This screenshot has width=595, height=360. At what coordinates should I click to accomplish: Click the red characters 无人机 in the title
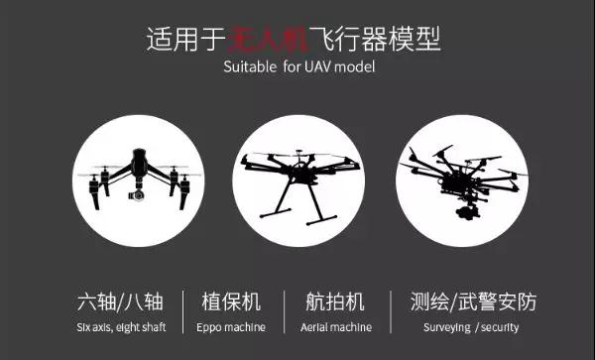click(x=268, y=39)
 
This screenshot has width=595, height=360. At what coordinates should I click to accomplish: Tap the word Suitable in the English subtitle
click(x=250, y=66)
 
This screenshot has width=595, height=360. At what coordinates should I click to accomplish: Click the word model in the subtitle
click(x=355, y=66)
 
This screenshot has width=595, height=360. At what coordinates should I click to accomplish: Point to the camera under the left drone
click(x=137, y=195)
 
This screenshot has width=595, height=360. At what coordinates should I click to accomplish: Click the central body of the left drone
click(x=139, y=165)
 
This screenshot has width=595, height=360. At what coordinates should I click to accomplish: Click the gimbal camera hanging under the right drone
click(x=466, y=211)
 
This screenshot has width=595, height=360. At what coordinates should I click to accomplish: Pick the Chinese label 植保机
click(x=231, y=301)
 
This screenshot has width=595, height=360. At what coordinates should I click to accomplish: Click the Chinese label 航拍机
click(x=335, y=301)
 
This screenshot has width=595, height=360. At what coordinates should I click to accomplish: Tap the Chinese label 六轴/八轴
click(x=120, y=301)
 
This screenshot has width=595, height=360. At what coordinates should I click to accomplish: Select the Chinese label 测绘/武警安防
click(x=473, y=301)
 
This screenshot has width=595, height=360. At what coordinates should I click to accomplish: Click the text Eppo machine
click(x=231, y=327)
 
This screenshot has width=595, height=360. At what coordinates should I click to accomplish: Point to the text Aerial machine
click(x=336, y=327)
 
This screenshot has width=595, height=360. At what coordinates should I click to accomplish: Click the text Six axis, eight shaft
click(x=121, y=327)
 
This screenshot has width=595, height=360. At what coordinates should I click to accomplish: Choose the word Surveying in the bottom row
click(x=446, y=327)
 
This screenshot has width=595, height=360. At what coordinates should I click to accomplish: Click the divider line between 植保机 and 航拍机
click(x=285, y=311)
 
